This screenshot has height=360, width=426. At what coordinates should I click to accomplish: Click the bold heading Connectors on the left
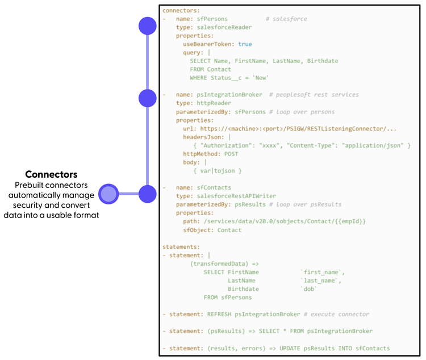51,174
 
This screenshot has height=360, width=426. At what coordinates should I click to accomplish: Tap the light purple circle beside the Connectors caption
108,194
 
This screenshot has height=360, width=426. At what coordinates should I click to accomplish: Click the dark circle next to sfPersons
148,26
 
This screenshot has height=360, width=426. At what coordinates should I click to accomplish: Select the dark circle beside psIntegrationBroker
148,98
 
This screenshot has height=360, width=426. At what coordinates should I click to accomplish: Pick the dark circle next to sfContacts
148,194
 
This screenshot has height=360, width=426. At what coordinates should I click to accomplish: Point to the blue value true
245,44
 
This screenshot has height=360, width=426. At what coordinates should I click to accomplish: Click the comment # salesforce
286,19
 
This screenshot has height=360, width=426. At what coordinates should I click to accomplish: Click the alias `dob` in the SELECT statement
308,288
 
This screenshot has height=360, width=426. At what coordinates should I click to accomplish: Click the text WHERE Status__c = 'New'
229,78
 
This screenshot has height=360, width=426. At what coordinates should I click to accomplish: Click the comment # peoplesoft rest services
314,95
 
